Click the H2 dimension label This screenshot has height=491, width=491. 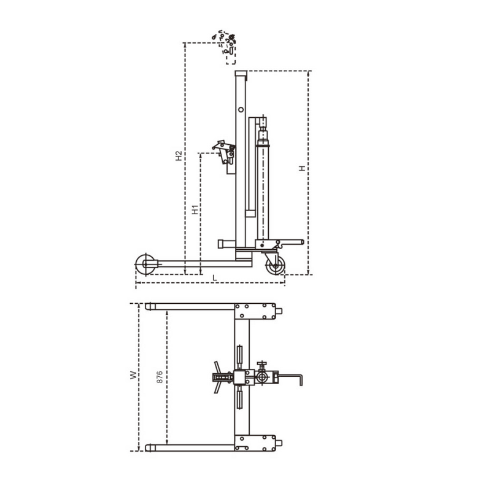pos(178,156)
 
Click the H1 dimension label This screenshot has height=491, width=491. pos(195,210)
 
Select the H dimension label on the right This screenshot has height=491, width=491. pos(302,168)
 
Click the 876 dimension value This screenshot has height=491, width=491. pos(159,377)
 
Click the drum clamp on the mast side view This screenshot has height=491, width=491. pos(223,152)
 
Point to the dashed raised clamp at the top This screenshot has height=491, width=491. pos(227,46)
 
